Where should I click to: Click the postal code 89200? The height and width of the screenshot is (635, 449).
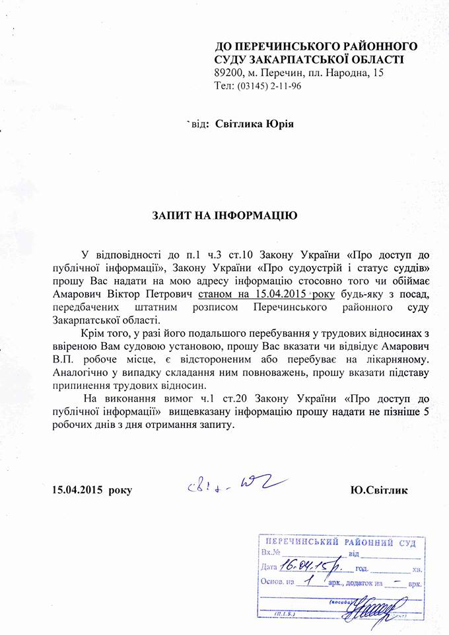(x=228, y=73)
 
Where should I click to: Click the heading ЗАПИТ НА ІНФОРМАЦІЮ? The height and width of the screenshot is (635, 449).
(x=224, y=216)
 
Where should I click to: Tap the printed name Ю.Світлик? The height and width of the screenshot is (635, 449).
(x=379, y=490)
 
